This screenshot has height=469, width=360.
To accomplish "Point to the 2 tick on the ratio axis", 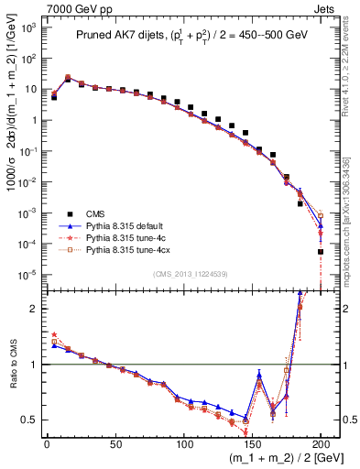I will tap(34, 309).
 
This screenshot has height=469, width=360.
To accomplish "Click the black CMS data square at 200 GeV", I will tap(321, 252).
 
